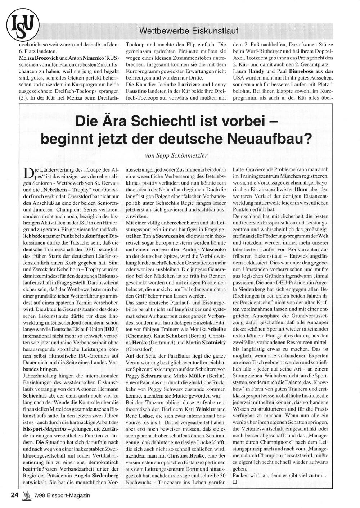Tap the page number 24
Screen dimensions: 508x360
pos(15,495)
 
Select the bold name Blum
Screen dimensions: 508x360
pos(301,189)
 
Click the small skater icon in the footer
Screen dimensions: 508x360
pos(26,496)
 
